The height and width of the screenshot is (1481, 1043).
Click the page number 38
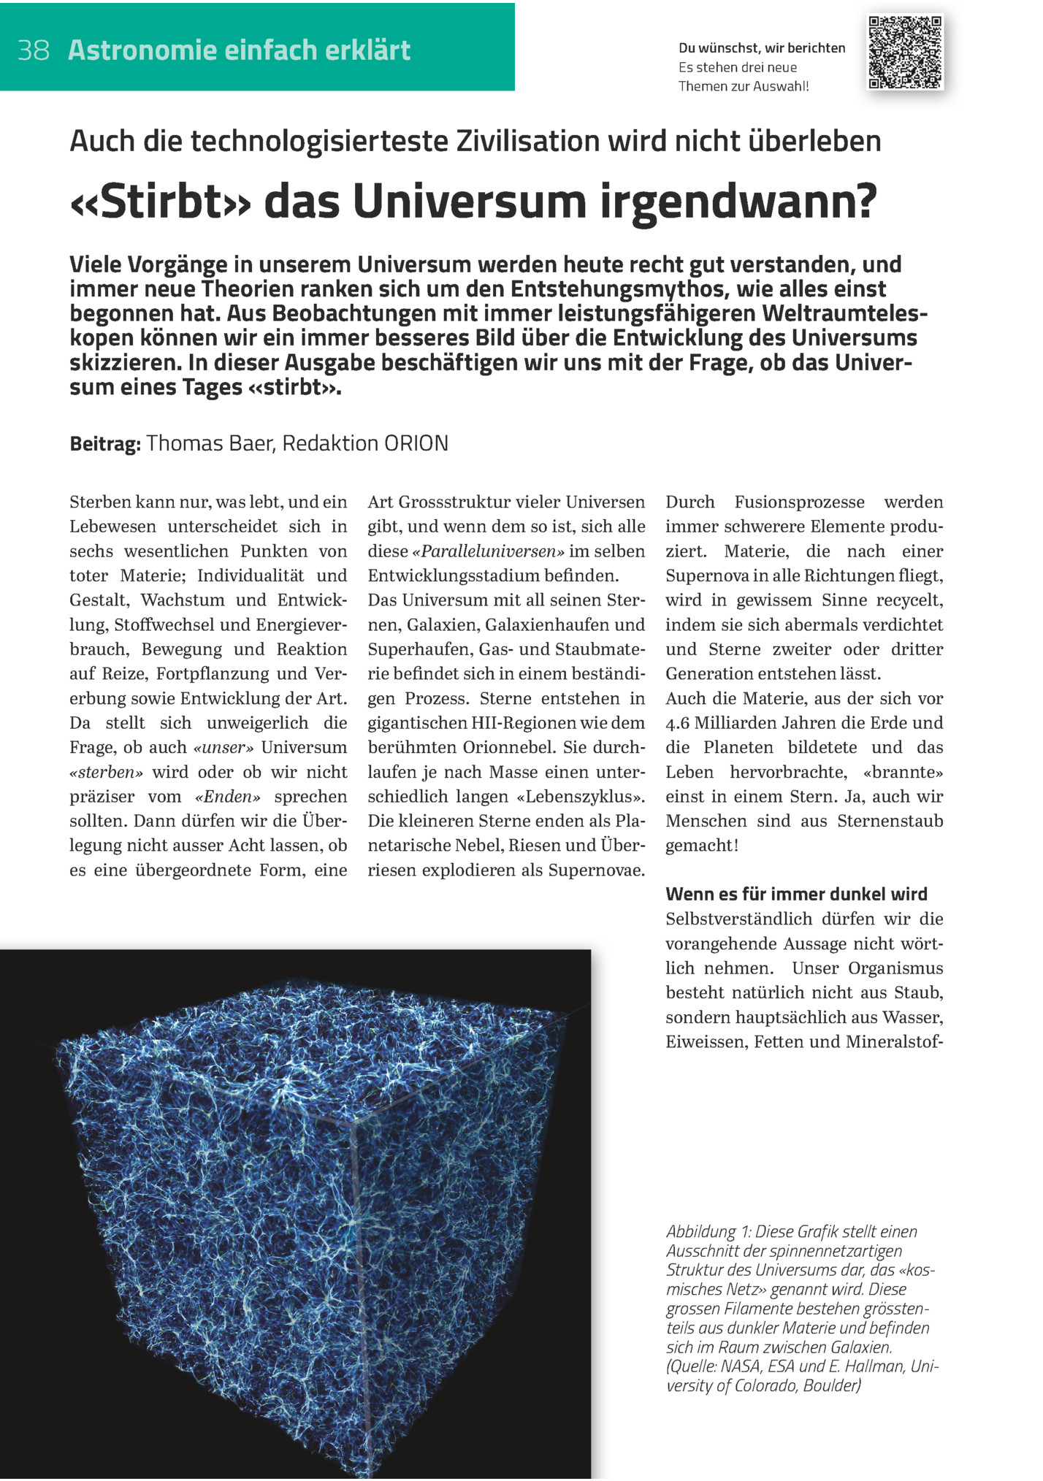[x=34, y=50]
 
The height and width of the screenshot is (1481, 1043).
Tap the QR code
[x=905, y=52]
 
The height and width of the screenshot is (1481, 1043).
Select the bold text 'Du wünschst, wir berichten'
[x=761, y=48]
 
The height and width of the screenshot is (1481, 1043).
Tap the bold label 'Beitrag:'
[x=104, y=444]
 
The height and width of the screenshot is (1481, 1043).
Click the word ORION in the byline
[x=416, y=443]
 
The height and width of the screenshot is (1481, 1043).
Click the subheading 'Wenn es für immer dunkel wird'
[x=796, y=895]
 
